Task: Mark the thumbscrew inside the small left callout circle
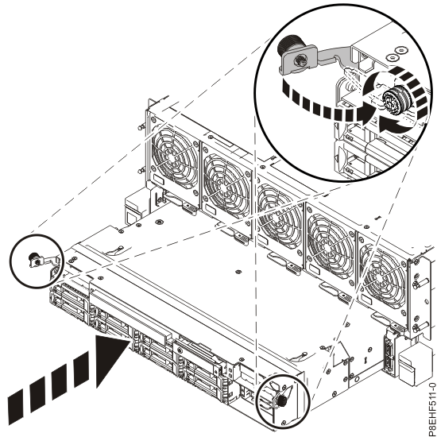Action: click(x=35, y=258)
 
